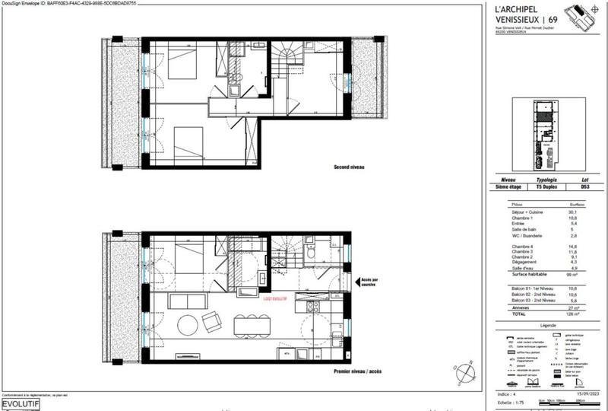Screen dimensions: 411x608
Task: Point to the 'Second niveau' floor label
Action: click(353, 167)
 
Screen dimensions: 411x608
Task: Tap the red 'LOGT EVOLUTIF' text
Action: click(274, 300)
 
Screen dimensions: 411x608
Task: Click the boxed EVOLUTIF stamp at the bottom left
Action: click(19, 403)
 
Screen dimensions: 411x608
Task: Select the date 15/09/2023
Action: click(583, 393)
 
